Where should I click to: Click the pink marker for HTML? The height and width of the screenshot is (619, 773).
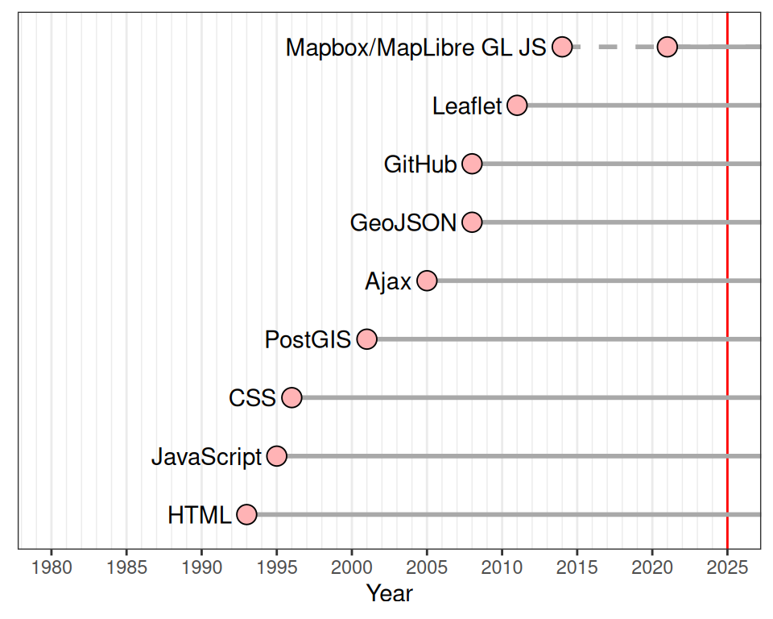(x=246, y=514)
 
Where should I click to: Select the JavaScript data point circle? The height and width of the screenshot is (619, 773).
(x=277, y=456)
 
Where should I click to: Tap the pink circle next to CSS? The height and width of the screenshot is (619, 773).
(x=291, y=397)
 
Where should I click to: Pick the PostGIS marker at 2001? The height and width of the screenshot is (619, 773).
(x=367, y=339)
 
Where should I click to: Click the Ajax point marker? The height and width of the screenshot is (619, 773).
(x=427, y=280)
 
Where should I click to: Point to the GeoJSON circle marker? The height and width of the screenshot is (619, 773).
(x=473, y=222)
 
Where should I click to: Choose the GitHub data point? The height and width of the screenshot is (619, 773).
(x=473, y=164)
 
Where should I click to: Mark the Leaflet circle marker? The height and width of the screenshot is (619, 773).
(x=517, y=106)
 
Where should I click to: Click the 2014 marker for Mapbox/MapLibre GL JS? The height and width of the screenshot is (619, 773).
(x=562, y=47)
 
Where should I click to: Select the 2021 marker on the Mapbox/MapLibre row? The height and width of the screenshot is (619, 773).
(x=667, y=47)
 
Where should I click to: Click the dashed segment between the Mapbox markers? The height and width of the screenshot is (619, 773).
(x=614, y=47)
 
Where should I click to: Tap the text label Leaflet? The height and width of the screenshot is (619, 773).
(x=467, y=106)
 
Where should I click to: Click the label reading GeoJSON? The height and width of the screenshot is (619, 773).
(x=403, y=223)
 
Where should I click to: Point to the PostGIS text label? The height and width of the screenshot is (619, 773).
(x=308, y=340)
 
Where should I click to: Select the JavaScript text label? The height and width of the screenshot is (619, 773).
(x=207, y=457)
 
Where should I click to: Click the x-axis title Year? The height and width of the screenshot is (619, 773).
(x=389, y=594)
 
